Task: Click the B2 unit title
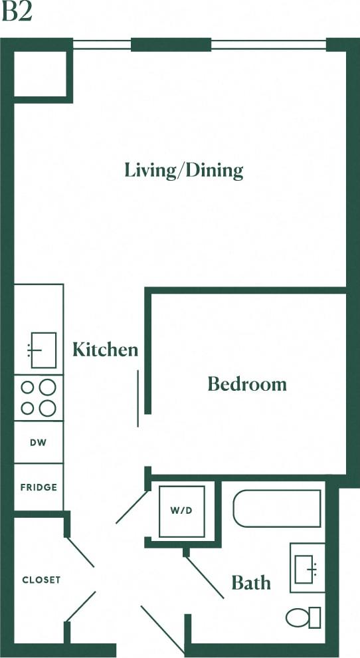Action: (17, 12)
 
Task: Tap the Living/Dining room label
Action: (184, 171)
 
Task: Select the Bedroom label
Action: (247, 384)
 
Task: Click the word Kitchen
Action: (106, 350)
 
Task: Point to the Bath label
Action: (251, 584)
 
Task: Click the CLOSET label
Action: (41, 580)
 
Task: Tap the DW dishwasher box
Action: (39, 443)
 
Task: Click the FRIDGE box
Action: (39, 487)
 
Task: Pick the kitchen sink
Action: (43, 350)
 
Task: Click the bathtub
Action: (277, 508)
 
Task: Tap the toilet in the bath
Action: (304, 617)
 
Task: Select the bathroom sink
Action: (308, 568)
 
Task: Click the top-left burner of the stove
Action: (28, 387)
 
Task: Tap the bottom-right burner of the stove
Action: (48, 408)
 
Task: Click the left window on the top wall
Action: (102, 45)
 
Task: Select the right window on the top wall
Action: (269, 45)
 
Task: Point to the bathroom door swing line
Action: (204, 578)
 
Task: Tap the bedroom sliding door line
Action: (138, 399)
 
